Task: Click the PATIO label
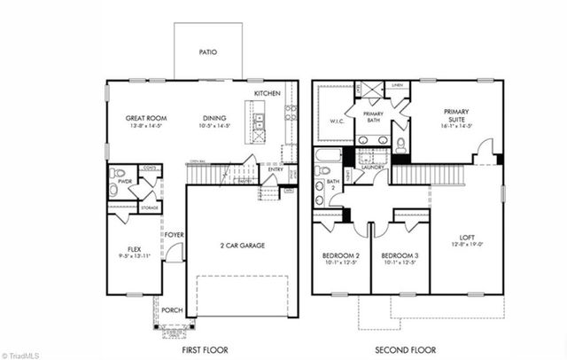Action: coord(207,52)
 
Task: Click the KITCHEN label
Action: coord(268,93)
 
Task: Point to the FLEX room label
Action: coord(135,249)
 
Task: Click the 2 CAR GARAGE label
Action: coord(242,246)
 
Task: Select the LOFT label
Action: coord(467,238)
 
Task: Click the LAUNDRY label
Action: coord(371,167)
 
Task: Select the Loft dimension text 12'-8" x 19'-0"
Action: coord(467,246)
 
